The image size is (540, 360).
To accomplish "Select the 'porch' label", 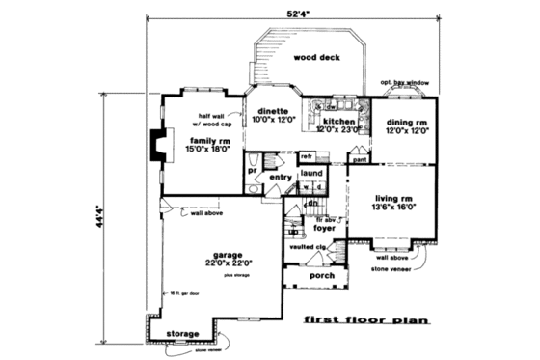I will (322, 275).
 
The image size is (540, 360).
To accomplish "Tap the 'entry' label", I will (280, 178).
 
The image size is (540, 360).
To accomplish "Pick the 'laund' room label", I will (310, 174).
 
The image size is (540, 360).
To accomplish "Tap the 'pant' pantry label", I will (359, 160).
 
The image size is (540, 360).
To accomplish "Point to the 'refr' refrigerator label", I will (307, 155).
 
